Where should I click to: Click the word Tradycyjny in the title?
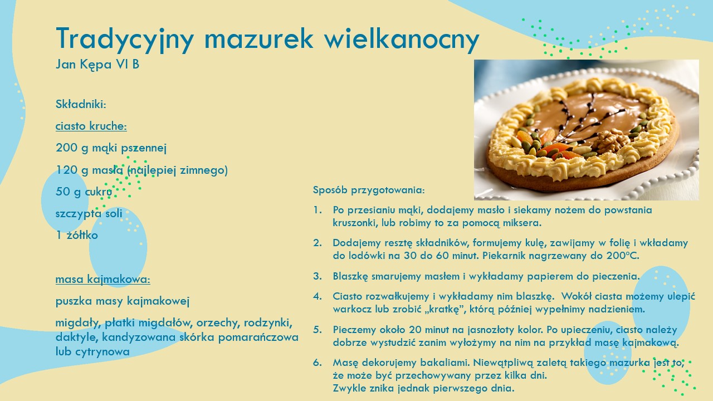[x=125, y=40]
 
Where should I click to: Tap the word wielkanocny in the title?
[x=402, y=40]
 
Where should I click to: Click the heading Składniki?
[x=81, y=104]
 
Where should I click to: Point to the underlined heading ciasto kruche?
[x=91, y=126]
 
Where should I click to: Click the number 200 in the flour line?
[x=66, y=148]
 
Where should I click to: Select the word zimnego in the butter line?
[x=202, y=170]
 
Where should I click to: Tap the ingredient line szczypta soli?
[x=89, y=213]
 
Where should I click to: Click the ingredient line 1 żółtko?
[x=77, y=235]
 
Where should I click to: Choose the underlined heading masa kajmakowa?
[x=103, y=279]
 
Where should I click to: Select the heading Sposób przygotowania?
[x=369, y=190]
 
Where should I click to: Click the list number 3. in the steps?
[x=318, y=276]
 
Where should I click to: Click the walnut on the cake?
[x=610, y=142]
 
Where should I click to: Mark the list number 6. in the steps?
[x=318, y=363]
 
